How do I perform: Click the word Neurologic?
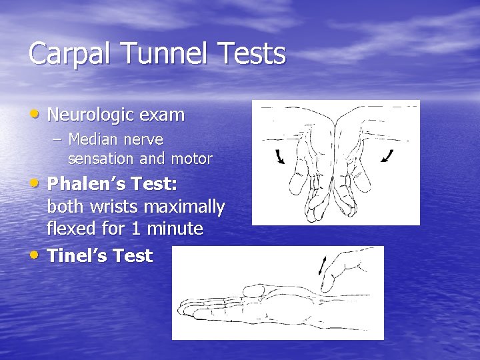point(94,115)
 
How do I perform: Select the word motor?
point(191,159)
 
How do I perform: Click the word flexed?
point(71,229)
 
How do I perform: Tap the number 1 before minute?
point(136,229)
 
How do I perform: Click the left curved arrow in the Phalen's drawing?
point(279,157)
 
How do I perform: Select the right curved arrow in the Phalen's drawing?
point(388,156)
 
